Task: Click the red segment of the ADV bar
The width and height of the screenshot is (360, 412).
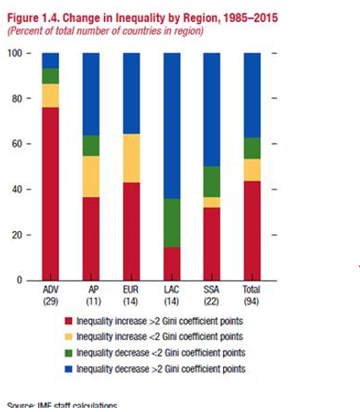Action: (50, 194)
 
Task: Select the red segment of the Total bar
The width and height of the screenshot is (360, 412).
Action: (252, 230)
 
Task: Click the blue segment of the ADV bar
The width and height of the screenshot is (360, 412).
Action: (50, 60)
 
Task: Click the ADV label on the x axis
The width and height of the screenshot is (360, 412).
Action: (50, 290)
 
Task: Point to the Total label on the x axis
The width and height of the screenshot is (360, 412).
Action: (252, 290)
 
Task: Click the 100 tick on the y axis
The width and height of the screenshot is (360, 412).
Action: (15, 53)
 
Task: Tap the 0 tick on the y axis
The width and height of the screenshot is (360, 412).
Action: (19, 280)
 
